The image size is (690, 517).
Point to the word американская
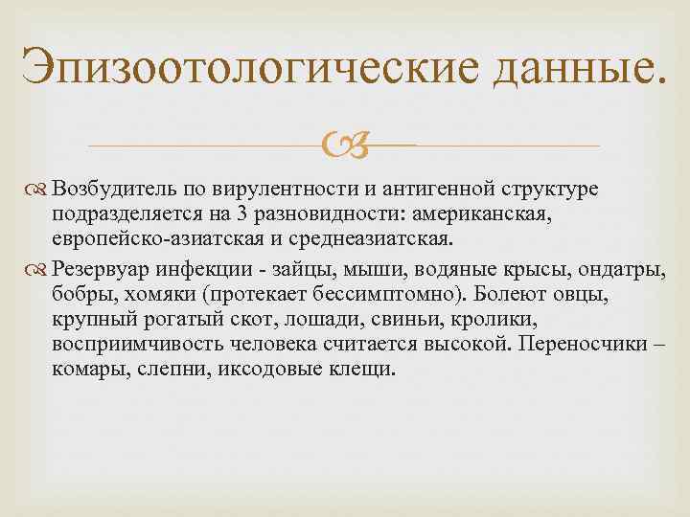pyautogui.click(x=515, y=211)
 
